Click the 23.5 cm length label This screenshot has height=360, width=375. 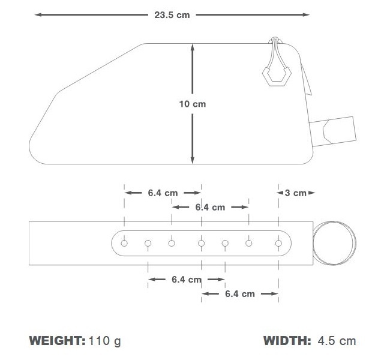[x=172, y=15]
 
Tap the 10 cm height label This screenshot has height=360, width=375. [x=193, y=104]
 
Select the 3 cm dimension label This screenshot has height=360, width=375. [x=296, y=193]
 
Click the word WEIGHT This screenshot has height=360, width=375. [x=57, y=341]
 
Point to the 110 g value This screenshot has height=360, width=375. [x=105, y=341]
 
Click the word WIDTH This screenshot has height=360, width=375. [x=287, y=341]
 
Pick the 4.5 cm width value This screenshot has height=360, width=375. [x=337, y=341]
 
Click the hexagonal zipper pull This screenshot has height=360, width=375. [x=277, y=76]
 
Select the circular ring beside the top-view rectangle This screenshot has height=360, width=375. [x=313, y=243]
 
